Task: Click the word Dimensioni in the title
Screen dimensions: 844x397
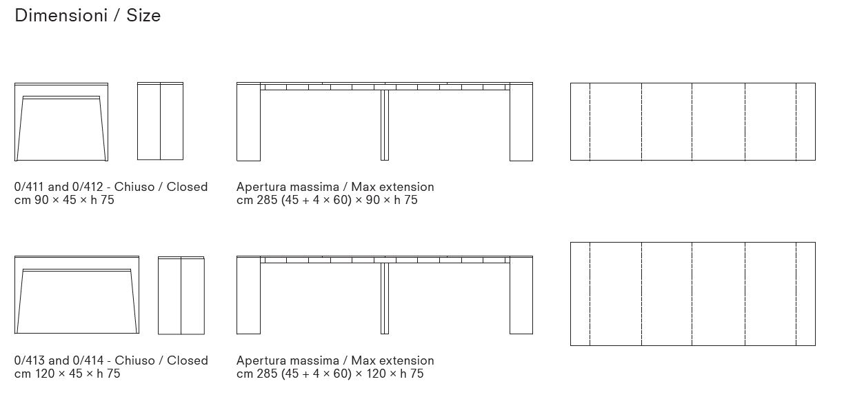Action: [61, 16]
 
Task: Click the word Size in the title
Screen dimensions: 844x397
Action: [143, 16]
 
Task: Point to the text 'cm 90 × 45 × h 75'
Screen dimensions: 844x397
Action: [64, 200]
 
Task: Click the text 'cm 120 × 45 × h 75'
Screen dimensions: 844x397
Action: [67, 374]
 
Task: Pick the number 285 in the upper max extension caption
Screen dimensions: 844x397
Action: [267, 200]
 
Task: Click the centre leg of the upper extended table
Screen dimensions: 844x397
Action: [385, 125]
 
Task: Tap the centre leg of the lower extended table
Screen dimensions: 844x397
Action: [385, 298]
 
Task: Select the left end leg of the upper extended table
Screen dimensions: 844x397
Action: [248, 122]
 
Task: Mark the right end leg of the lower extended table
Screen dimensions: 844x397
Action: [521, 295]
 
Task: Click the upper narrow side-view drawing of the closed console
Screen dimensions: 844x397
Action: [161, 121]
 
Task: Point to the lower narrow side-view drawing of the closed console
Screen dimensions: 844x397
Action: [181, 295]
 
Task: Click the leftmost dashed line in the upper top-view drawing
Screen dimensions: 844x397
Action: [590, 122]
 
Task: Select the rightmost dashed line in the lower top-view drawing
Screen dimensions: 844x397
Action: [796, 294]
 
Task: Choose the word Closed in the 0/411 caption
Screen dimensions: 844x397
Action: [188, 187]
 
